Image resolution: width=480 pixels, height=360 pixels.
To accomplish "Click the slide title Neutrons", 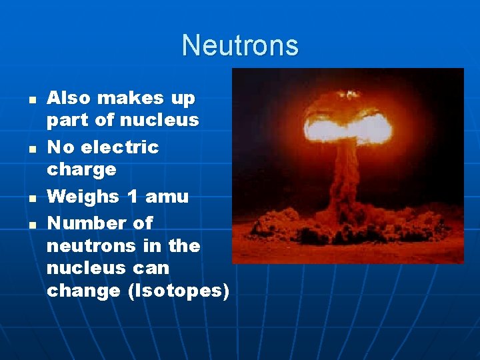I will tap(240, 45).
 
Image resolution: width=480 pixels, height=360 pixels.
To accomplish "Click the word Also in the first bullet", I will tap(68, 98).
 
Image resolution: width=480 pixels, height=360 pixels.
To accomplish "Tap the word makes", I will tap(130, 98).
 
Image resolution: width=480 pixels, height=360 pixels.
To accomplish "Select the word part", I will tap(66, 121).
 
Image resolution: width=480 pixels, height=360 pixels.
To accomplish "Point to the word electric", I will tap(120, 147).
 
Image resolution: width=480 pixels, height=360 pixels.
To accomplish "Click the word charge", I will tap(81, 169).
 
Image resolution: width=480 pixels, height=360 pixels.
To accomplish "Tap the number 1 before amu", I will tap(131, 197).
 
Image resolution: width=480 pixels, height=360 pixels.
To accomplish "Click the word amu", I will tap(167, 197).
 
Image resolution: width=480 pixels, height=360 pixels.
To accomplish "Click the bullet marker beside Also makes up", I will tap(23, 99).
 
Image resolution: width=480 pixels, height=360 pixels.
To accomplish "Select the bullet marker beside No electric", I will tap(23, 148).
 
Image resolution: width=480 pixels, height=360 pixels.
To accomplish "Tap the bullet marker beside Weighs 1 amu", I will tap(23, 198).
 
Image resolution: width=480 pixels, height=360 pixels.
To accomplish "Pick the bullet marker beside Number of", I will tap(23, 224).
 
